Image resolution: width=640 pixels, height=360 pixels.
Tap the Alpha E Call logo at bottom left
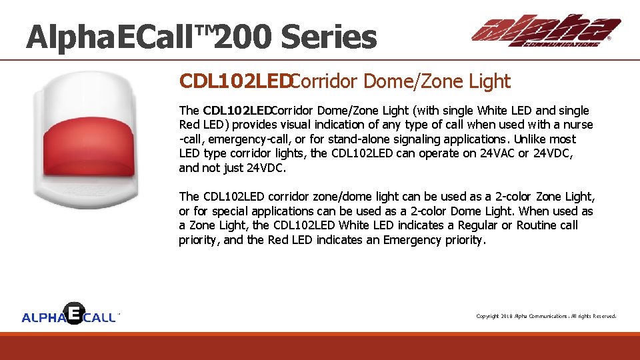[x=70, y=315]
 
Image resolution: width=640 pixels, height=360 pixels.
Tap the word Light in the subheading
[x=489, y=82]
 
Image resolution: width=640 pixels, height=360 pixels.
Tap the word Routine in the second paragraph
[x=537, y=225]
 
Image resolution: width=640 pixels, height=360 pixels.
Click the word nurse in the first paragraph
[x=578, y=125]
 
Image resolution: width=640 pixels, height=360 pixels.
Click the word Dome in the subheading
[x=385, y=82]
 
